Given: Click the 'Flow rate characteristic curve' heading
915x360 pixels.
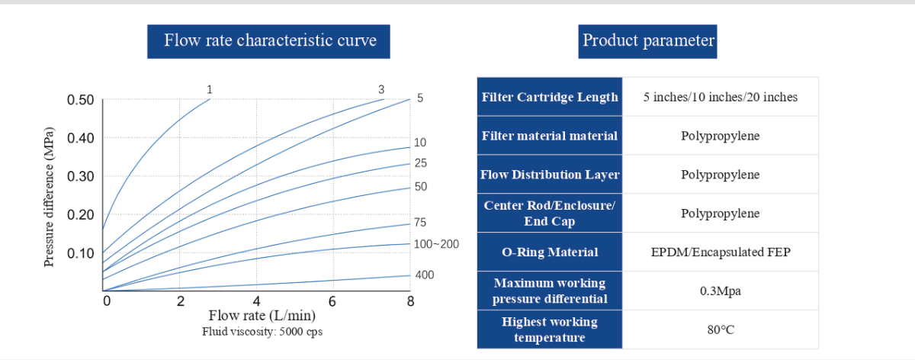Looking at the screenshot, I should pyautogui.click(x=270, y=40).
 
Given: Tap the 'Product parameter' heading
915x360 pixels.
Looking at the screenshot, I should pyautogui.click(x=648, y=40).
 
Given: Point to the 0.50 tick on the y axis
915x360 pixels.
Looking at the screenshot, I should pyautogui.click(x=80, y=100).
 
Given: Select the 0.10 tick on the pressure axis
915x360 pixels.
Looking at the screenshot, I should pyautogui.click(x=80, y=253).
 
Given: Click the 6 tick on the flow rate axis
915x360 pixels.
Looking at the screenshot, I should pyautogui.click(x=332, y=301).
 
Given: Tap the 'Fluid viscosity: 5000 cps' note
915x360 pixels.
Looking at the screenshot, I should pyautogui.click(x=262, y=332).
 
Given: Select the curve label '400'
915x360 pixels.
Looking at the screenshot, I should pyautogui.click(x=424, y=275).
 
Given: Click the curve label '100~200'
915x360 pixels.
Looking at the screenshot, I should pyautogui.click(x=437, y=244).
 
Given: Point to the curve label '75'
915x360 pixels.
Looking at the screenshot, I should pyautogui.click(x=420, y=223).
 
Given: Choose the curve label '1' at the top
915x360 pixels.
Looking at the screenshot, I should pyautogui.click(x=210, y=89).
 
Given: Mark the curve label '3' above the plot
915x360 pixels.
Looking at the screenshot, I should pyautogui.click(x=381, y=89).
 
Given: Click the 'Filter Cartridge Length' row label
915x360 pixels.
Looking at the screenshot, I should pyautogui.click(x=550, y=97).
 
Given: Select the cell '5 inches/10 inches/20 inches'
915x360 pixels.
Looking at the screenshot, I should pyautogui.click(x=721, y=97).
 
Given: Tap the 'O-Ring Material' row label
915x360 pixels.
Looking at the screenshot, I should pyautogui.click(x=550, y=252).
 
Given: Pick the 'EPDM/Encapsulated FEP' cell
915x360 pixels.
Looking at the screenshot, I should pyautogui.click(x=721, y=252).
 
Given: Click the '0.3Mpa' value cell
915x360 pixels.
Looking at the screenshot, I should pyautogui.click(x=721, y=291).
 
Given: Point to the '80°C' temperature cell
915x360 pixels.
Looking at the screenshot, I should pyautogui.click(x=721, y=329).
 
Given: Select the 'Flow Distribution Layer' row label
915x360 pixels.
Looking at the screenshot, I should pyautogui.click(x=550, y=175).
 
